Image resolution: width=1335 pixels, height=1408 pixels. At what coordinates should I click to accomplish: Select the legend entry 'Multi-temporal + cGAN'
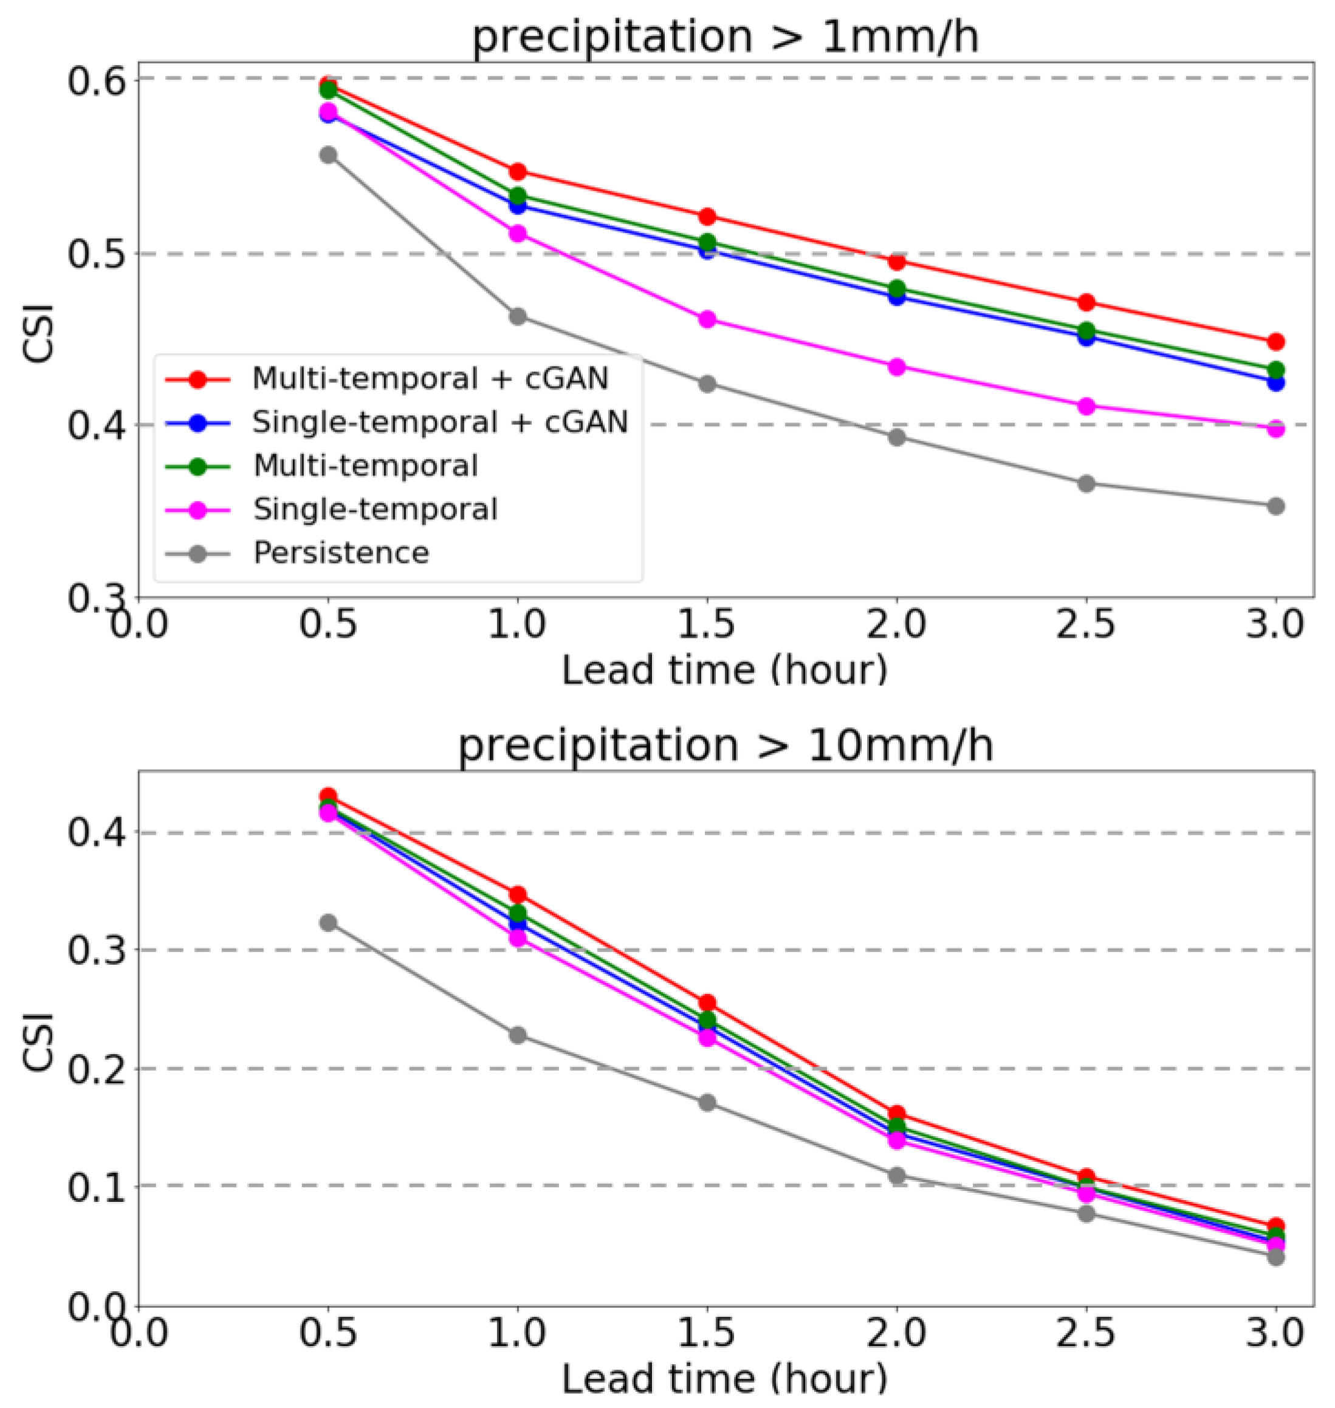(430, 379)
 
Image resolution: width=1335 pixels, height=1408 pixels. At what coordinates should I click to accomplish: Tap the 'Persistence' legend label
(341, 553)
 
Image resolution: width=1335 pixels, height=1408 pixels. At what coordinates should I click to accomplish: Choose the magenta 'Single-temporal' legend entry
(375, 509)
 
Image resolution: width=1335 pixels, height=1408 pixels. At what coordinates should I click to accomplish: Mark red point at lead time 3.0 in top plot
(1276, 342)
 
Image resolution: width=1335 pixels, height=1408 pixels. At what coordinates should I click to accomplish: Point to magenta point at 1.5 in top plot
(707, 320)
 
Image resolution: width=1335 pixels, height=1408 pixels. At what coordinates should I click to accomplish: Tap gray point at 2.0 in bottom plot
(897, 1175)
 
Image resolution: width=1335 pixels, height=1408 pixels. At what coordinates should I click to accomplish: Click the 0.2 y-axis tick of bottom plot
(96, 1068)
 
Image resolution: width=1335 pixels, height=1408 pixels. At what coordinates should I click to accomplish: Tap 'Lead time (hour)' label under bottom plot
(725, 1378)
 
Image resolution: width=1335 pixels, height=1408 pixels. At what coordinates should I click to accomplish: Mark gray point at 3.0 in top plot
(1276, 506)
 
